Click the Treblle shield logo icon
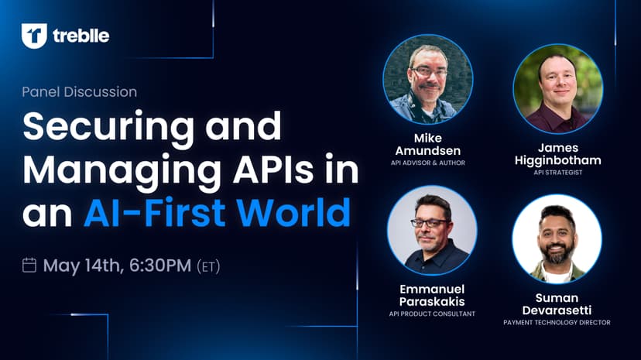point(34,36)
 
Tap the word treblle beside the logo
point(81,36)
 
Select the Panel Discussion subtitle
point(79,92)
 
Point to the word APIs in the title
point(273,170)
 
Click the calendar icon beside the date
point(29,266)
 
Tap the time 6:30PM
point(160,266)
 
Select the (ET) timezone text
point(208,266)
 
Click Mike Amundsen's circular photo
point(428,79)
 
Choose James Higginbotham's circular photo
point(557,89)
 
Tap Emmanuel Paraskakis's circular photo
point(432,231)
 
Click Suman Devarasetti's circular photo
point(557,239)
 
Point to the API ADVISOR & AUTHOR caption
point(428,163)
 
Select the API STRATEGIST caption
point(557,173)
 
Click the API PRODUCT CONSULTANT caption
point(432,314)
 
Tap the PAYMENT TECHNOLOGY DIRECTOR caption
point(557,322)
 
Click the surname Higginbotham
point(557,160)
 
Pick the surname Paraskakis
point(432,302)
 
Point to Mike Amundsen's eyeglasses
point(428,72)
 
